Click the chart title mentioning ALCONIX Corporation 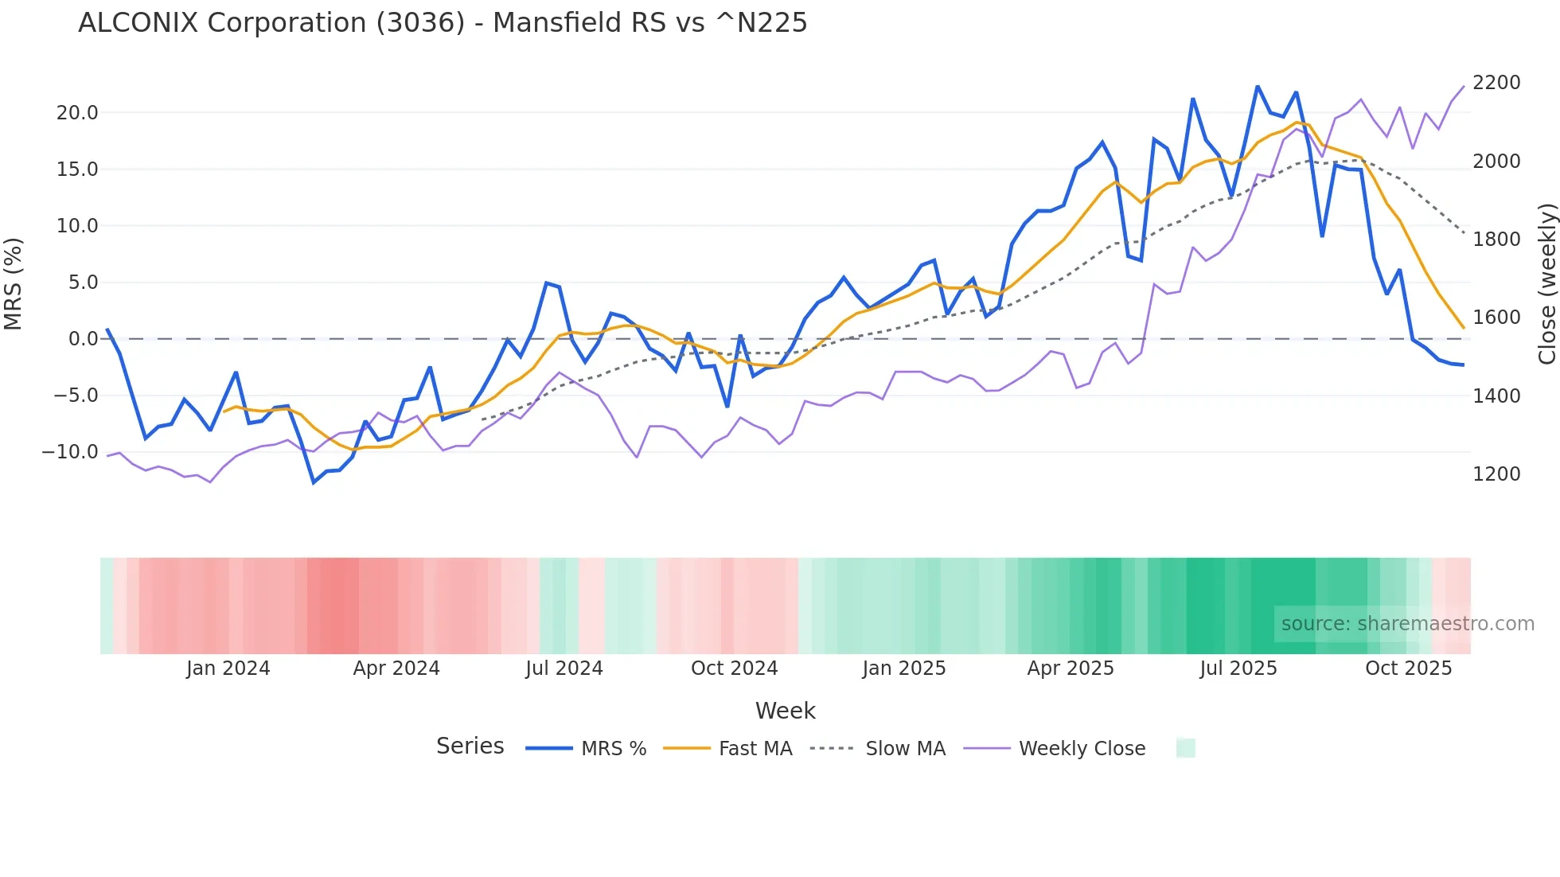pos(443,23)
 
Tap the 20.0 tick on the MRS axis pos(77,113)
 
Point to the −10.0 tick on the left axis pos(70,452)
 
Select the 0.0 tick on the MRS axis pos(84,339)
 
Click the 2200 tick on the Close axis pos(1496,83)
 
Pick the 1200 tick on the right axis pos(1496,474)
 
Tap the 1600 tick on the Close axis pos(1496,318)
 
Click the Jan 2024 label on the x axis pos(228,668)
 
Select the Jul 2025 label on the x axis pos(1238,668)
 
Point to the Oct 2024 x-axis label pos(734,668)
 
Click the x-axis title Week pos(785,711)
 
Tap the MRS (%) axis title pos(14,283)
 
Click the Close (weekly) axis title pos(1546,283)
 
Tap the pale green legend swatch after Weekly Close pos(1185,748)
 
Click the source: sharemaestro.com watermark pos(1407,624)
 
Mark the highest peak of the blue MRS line pos(1258,86)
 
